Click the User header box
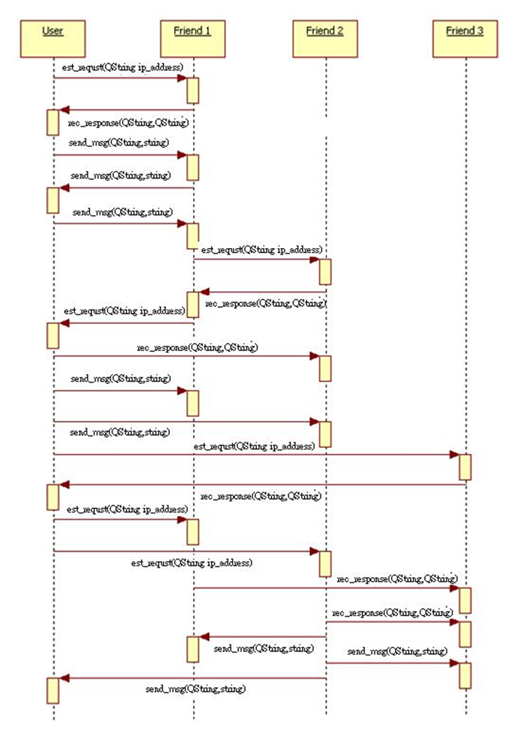tap(53, 38)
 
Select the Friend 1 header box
tap(192, 38)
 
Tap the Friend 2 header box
tap(325, 38)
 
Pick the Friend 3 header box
tap(465, 38)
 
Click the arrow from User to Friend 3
tap(257, 454)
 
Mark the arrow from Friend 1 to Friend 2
tap(257, 259)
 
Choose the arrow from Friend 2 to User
tap(191, 678)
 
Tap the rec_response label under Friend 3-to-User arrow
tap(261, 495)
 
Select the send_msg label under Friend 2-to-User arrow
tap(196, 689)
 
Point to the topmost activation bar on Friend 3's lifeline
tap(465, 466)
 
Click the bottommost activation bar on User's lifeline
tap(53, 690)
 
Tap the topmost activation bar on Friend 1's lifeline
tap(193, 90)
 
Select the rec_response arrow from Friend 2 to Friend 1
tap(264, 291)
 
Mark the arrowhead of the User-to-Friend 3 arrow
tap(455, 454)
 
